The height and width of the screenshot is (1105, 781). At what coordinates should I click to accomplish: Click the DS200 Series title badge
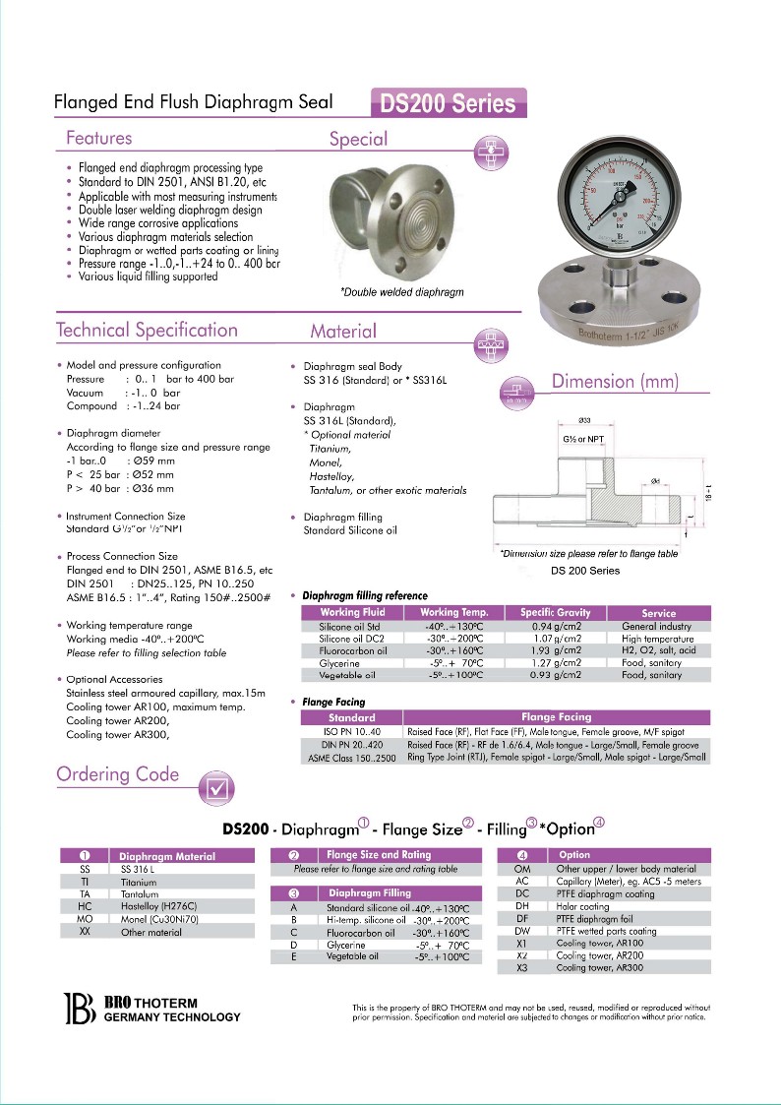click(x=449, y=103)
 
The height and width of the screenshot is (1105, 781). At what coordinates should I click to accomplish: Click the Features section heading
click(x=98, y=138)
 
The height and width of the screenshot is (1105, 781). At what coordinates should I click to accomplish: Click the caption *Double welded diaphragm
click(x=401, y=292)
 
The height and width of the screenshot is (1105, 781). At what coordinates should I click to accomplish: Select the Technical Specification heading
click(x=147, y=330)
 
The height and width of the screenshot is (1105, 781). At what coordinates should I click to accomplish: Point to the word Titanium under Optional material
click(x=330, y=449)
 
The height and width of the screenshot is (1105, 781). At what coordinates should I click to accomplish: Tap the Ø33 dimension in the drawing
click(x=584, y=421)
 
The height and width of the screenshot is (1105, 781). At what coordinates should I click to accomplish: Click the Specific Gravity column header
click(x=555, y=613)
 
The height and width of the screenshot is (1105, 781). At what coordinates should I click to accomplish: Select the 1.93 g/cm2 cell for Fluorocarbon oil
click(x=555, y=650)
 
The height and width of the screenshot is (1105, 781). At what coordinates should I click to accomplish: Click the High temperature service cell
click(x=658, y=639)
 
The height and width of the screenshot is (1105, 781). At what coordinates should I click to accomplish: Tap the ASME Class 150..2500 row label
click(x=351, y=758)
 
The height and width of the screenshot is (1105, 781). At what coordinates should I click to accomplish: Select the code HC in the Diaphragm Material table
click(x=85, y=906)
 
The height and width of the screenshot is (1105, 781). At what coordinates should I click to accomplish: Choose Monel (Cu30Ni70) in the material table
click(x=159, y=919)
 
